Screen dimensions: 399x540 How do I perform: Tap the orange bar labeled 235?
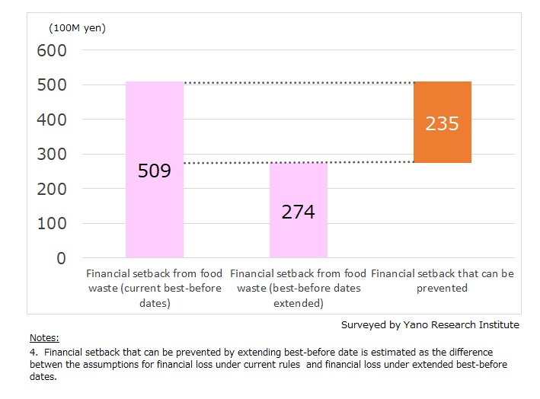click(x=443, y=145)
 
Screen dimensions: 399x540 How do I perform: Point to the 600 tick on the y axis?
click(x=52, y=50)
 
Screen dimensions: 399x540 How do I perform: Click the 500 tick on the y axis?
click(x=52, y=85)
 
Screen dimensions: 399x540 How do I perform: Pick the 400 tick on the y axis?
click(x=52, y=120)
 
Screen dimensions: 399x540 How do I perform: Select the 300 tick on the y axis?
click(x=52, y=155)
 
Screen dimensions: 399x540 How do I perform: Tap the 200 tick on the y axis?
click(x=52, y=189)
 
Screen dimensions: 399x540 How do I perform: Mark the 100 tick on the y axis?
click(x=52, y=224)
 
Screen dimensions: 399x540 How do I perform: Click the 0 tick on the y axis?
click(x=61, y=258)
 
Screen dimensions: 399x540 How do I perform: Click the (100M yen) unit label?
click(x=77, y=28)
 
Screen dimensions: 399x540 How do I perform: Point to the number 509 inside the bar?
click(x=155, y=171)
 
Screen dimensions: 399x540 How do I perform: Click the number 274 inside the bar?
click(x=298, y=212)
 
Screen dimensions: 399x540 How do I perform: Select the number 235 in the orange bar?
click(x=443, y=123)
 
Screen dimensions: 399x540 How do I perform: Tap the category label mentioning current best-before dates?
click(x=154, y=288)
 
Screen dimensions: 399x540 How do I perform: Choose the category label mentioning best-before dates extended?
click(x=298, y=288)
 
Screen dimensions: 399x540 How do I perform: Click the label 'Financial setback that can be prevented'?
click(x=442, y=280)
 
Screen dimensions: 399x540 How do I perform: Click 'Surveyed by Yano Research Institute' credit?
click(x=430, y=324)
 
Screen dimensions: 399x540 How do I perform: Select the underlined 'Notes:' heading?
click(x=44, y=337)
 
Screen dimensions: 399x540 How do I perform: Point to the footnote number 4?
click(x=33, y=353)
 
